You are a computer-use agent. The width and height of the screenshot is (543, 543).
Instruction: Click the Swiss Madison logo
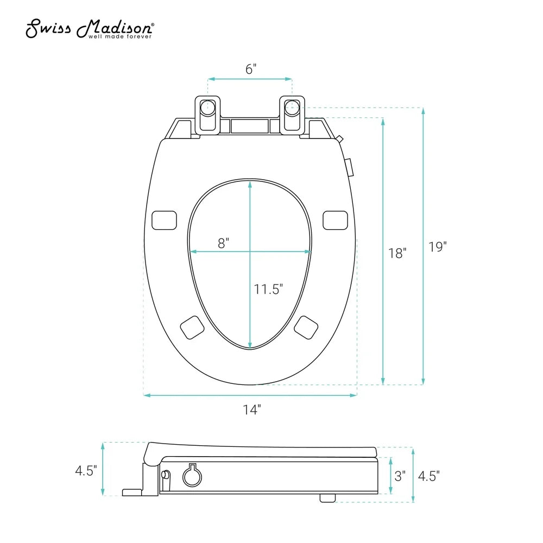(90, 29)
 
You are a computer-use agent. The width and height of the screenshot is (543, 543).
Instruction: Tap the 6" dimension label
(250, 69)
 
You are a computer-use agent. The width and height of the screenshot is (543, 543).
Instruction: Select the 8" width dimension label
(224, 243)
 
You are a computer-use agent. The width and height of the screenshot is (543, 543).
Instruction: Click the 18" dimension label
(397, 252)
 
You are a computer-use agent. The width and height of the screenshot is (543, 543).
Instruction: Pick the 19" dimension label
(437, 247)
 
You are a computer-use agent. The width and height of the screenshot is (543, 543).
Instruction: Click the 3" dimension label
(400, 476)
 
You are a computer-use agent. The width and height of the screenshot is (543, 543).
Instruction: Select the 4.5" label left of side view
(86, 470)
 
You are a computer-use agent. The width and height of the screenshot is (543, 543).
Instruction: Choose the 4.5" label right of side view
(428, 476)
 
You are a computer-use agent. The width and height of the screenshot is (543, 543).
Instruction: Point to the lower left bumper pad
(192, 327)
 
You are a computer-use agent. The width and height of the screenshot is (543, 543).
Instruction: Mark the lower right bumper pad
(307, 327)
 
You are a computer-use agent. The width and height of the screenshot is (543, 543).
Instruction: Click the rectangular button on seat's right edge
(349, 167)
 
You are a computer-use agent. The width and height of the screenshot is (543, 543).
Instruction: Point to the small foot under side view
(327, 497)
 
